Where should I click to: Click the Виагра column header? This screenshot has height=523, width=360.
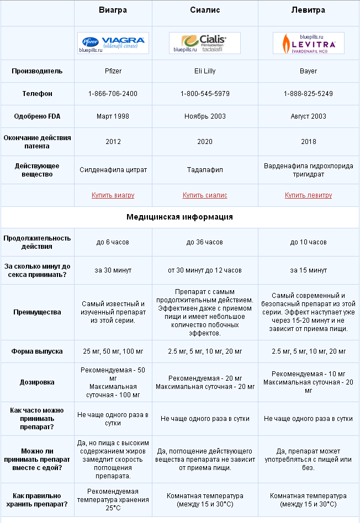(113, 10)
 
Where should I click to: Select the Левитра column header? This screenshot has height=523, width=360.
(308, 10)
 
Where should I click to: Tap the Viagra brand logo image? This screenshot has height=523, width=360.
(113, 42)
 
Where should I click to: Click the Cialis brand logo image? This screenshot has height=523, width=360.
(205, 42)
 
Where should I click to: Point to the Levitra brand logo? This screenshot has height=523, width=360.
(308, 42)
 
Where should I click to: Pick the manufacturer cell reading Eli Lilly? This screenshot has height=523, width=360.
(205, 71)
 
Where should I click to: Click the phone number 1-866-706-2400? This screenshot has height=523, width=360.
(113, 94)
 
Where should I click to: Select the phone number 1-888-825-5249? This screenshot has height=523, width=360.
(308, 94)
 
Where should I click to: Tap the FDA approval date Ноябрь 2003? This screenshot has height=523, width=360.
(205, 116)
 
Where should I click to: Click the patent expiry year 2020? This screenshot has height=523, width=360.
(205, 142)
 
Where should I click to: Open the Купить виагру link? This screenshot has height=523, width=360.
(113, 195)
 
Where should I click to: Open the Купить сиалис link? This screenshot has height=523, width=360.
(205, 195)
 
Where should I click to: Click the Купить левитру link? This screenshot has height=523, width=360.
(308, 195)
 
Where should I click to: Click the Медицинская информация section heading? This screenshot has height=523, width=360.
(179, 217)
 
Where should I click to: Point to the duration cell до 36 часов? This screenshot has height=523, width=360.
(205, 242)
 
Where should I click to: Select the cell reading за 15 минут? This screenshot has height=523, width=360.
(308, 270)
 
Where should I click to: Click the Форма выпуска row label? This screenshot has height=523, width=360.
(38, 351)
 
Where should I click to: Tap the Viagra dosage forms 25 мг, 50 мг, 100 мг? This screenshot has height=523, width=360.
(113, 351)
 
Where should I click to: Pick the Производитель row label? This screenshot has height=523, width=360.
(38, 71)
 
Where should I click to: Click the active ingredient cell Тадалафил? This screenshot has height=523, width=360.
(205, 170)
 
